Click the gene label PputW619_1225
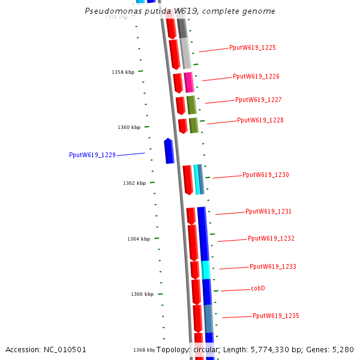tap(253, 47)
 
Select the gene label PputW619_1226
tap(256, 76)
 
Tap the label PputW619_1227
tap(259, 100)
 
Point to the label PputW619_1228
tap(260, 120)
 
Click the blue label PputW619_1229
tap(92, 155)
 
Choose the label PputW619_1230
tap(266, 175)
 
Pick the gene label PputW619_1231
tap(269, 211)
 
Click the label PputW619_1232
tap(271, 238)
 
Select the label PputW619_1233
tap(273, 266)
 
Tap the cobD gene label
tap(258, 289)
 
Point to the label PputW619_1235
tap(276, 316)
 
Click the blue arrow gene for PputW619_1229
tap(169, 151)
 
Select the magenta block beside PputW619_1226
tap(189, 82)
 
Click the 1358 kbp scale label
tap(123, 72)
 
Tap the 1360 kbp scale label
tap(129, 127)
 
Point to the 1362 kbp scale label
tap(134, 183)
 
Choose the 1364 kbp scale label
tap(139, 239)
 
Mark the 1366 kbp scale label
tap(142, 294)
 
